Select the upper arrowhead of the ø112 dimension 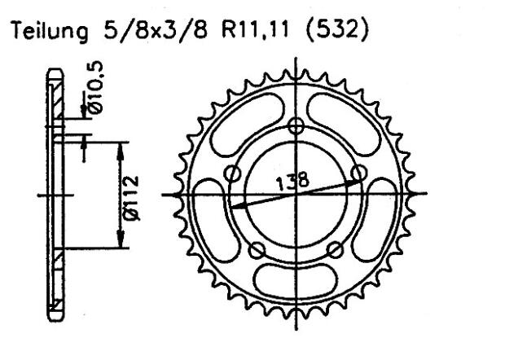pyautogui.click(x=120, y=147)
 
